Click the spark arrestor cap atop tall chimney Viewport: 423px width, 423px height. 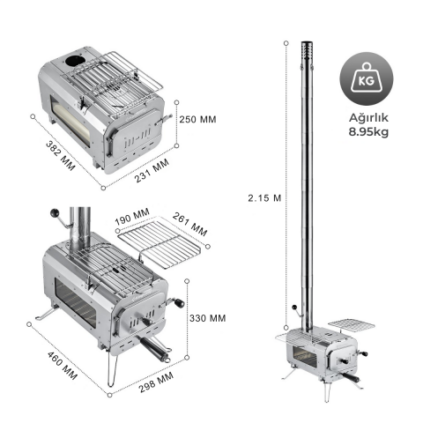[308, 58]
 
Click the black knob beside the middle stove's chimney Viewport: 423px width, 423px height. [57, 214]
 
